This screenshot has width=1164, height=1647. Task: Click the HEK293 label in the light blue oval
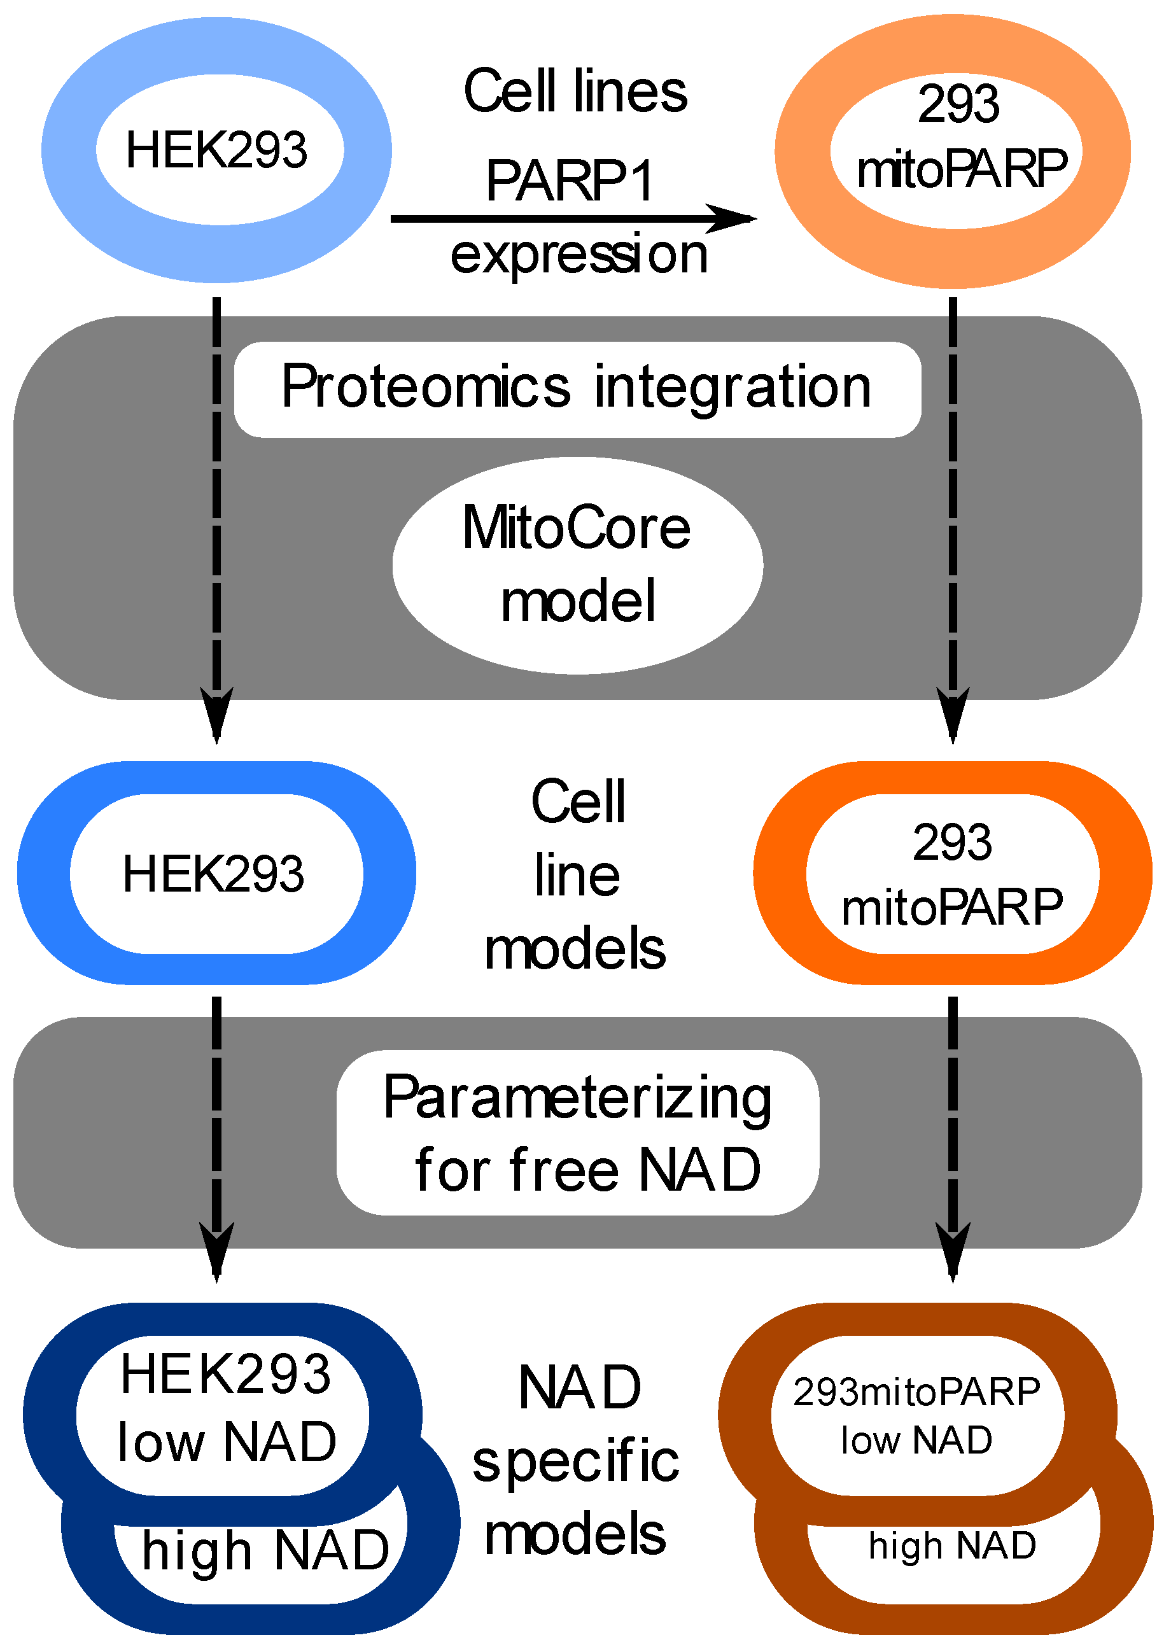tap(216, 150)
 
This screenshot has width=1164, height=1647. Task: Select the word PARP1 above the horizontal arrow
tap(570, 181)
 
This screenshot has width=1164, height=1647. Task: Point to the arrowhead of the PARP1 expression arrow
tap(735, 218)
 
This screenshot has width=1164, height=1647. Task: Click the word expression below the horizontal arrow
tap(578, 255)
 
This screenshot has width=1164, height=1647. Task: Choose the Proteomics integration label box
tap(577, 389)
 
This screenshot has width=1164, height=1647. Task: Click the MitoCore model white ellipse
tap(577, 564)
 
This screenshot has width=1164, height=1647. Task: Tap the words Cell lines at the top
tap(575, 92)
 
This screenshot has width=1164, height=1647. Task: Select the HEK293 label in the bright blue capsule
tap(214, 874)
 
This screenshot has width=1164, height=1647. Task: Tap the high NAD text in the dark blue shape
tap(265, 1550)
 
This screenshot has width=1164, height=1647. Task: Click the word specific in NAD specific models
tap(575, 1462)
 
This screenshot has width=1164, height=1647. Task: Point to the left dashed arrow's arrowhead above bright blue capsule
tap(216, 714)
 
